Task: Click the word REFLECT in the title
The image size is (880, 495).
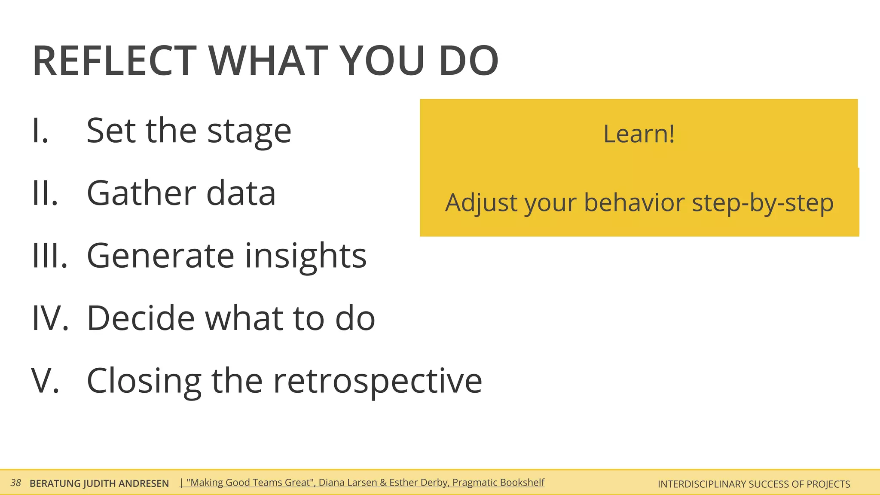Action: pyautogui.click(x=114, y=61)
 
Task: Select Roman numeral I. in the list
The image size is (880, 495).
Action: pyautogui.click(x=40, y=131)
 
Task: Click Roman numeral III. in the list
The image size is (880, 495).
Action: pyautogui.click(x=50, y=256)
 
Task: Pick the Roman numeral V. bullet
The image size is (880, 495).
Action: pyautogui.click(x=45, y=381)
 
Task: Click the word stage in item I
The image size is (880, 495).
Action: pyautogui.click(x=249, y=131)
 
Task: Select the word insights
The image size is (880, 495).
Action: pyautogui.click(x=306, y=257)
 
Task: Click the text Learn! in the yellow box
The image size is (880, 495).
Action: pyautogui.click(x=639, y=134)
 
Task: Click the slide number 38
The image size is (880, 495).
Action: pyautogui.click(x=16, y=483)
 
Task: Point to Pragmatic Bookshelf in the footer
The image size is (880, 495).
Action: pyautogui.click(x=498, y=483)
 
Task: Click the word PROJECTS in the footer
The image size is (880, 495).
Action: pyautogui.click(x=828, y=484)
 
